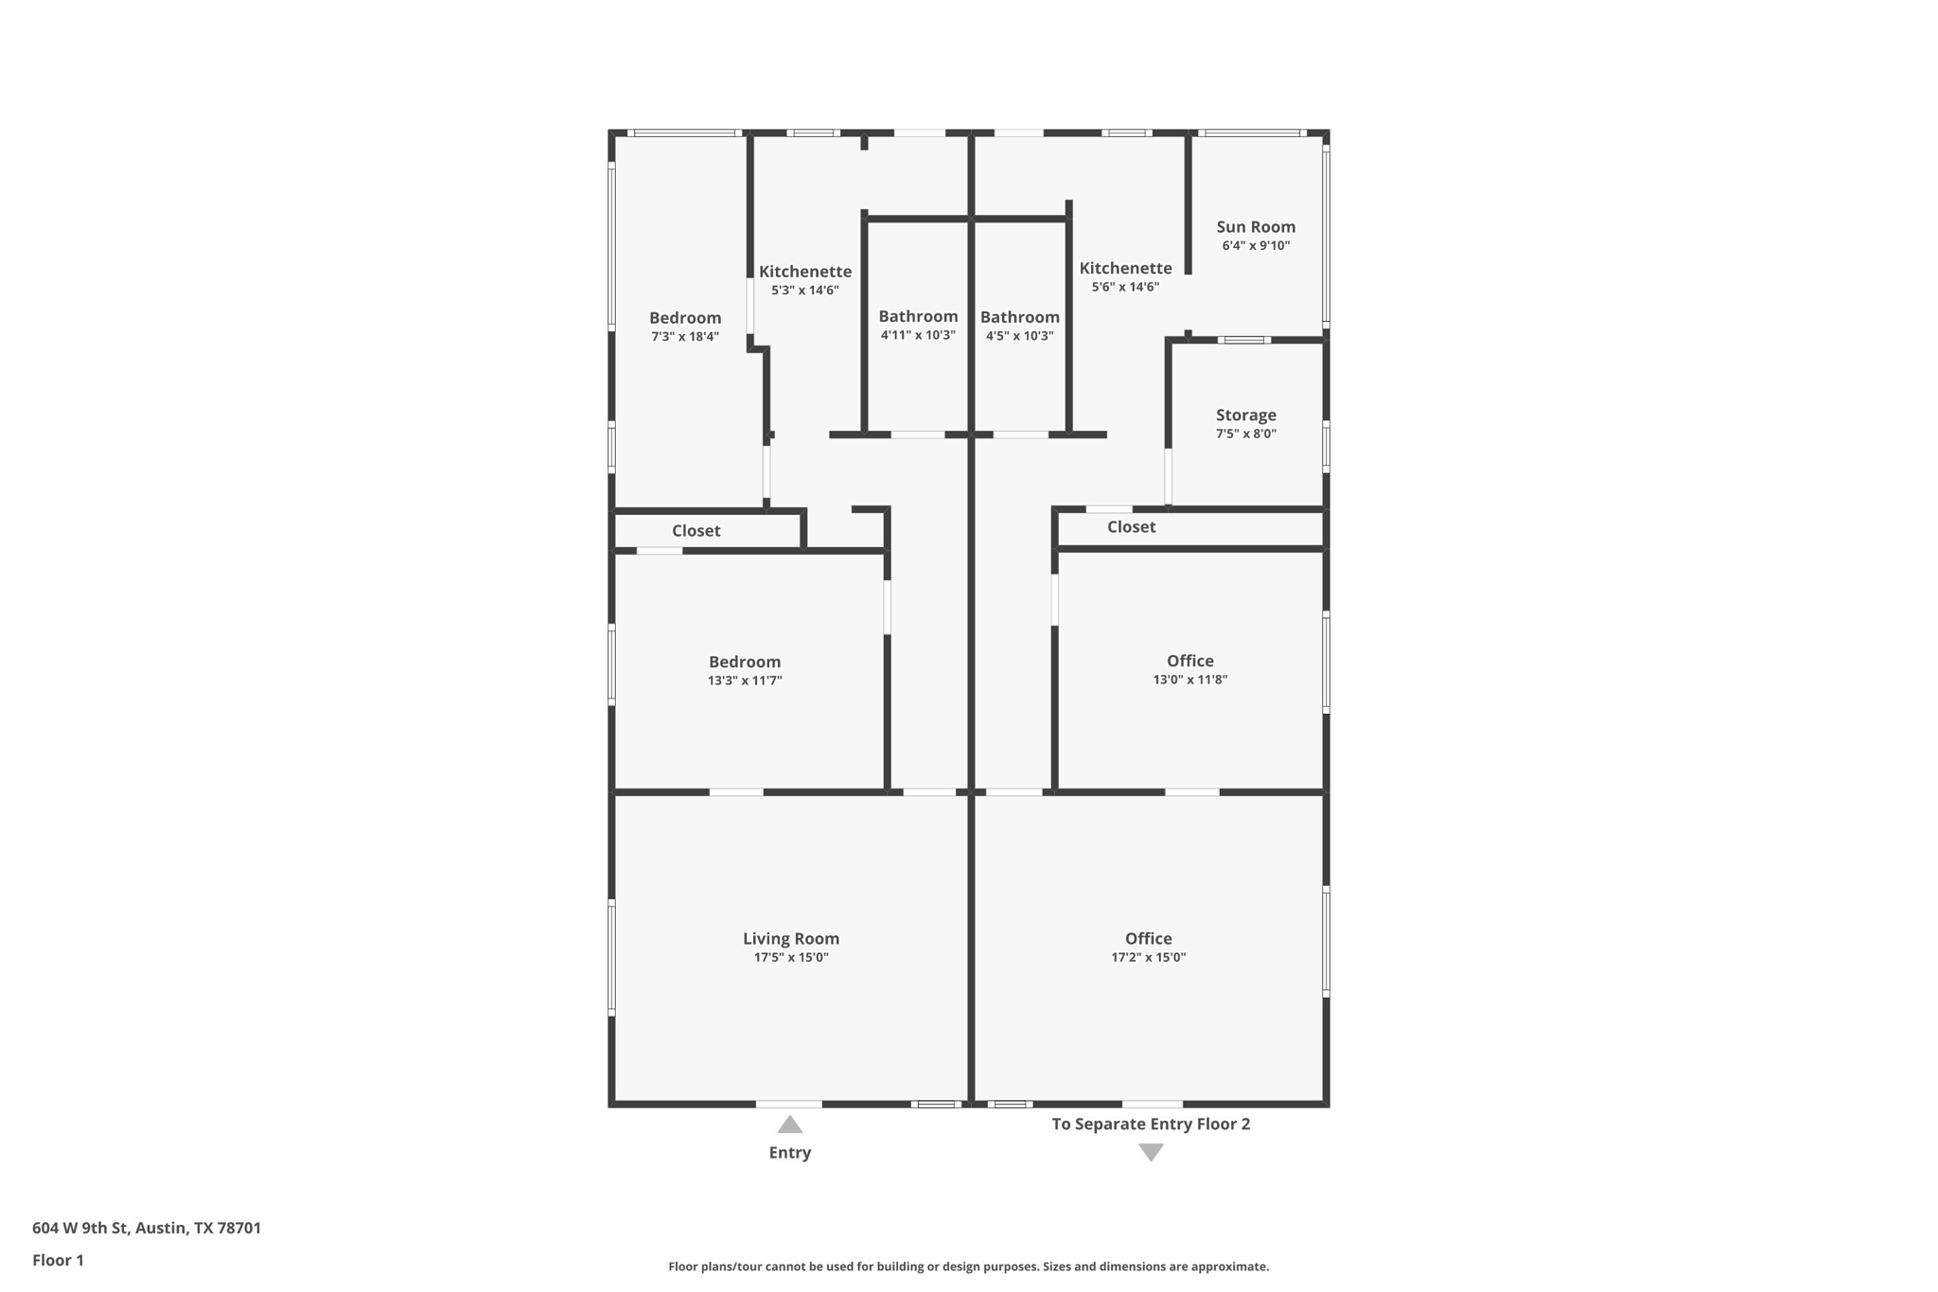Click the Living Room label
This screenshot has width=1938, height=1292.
pyautogui.click(x=790, y=938)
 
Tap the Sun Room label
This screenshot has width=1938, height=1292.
pyautogui.click(x=1255, y=226)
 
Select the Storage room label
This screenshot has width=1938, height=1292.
pyautogui.click(x=1245, y=415)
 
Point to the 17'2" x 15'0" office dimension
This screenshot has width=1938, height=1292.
pyautogui.click(x=1148, y=957)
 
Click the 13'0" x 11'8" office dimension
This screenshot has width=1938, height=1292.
pyautogui.click(x=1189, y=680)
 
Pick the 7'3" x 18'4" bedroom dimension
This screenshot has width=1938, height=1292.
pyautogui.click(x=684, y=336)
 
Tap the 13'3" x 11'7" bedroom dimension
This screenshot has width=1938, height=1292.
pyautogui.click(x=745, y=681)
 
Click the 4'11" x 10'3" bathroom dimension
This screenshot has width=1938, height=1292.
pyautogui.click(x=918, y=335)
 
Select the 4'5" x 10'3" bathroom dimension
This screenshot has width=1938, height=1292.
pyautogui.click(x=1019, y=336)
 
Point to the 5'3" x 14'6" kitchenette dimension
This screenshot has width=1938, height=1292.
pyautogui.click(x=804, y=291)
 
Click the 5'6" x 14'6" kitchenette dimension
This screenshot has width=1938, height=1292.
pyautogui.click(x=1125, y=287)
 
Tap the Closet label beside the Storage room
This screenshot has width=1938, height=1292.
pyautogui.click(x=1131, y=526)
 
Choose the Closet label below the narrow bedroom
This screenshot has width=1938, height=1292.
pyautogui.click(x=696, y=531)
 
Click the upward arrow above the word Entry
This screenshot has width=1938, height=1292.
pyautogui.click(x=790, y=1124)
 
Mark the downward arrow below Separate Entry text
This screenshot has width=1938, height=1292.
pyautogui.click(x=1151, y=1152)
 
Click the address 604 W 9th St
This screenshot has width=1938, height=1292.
pyautogui.click(x=147, y=1228)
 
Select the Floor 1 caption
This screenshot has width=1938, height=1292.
pyautogui.click(x=58, y=1260)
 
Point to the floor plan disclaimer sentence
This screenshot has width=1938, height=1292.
pyautogui.click(x=968, y=1266)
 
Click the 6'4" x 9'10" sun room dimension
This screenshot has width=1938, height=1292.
pyautogui.click(x=1255, y=246)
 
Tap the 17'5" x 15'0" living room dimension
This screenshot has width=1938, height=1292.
pyautogui.click(x=790, y=958)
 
